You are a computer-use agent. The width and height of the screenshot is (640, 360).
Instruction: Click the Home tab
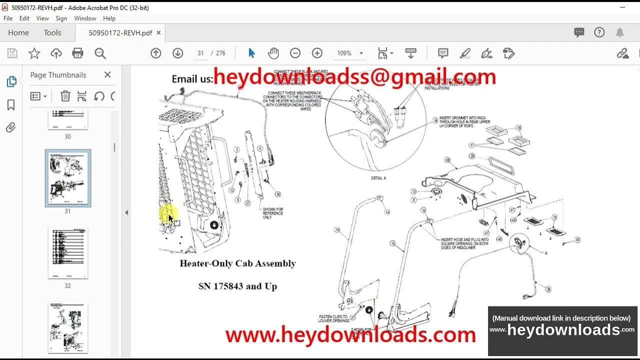click(x=18, y=33)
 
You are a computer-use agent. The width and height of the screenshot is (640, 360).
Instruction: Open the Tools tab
click(x=52, y=33)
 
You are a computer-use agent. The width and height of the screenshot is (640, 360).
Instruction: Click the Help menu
click(x=109, y=18)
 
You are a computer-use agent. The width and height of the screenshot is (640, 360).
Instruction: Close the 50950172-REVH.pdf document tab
click(x=158, y=33)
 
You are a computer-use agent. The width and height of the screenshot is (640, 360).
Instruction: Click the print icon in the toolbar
click(x=77, y=53)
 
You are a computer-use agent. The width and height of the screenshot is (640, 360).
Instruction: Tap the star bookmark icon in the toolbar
click(x=34, y=53)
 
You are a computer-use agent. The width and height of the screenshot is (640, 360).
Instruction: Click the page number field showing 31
click(x=200, y=53)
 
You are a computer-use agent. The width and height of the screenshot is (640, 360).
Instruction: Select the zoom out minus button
click(x=295, y=53)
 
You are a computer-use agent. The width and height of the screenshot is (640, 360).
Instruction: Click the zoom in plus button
click(x=317, y=53)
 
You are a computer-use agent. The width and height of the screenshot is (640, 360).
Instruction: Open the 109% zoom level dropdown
click(x=361, y=53)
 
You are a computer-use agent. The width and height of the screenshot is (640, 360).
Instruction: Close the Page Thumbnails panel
click(x=107, y=75)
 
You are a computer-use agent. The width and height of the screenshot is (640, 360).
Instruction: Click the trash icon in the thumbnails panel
click(x=65, y=96)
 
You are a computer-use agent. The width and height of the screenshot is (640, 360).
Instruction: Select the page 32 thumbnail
click(x=68, y=253)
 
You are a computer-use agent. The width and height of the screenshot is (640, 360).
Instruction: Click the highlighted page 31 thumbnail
click(x=68, y=178)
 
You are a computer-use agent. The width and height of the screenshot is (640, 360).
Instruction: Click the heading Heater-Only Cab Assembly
click(x=237, y=263)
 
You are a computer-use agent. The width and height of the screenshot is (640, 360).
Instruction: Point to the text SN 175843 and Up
click(x=237, y=286)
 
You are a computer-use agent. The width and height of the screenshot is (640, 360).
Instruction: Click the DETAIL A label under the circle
click(x=378, y=178)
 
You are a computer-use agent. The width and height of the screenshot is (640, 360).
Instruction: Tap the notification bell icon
click(x=619, y=33)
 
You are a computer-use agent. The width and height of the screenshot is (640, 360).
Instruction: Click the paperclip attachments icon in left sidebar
click(x=11, y=128)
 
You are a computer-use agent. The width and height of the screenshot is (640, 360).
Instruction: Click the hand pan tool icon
click(x=273, y=53)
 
